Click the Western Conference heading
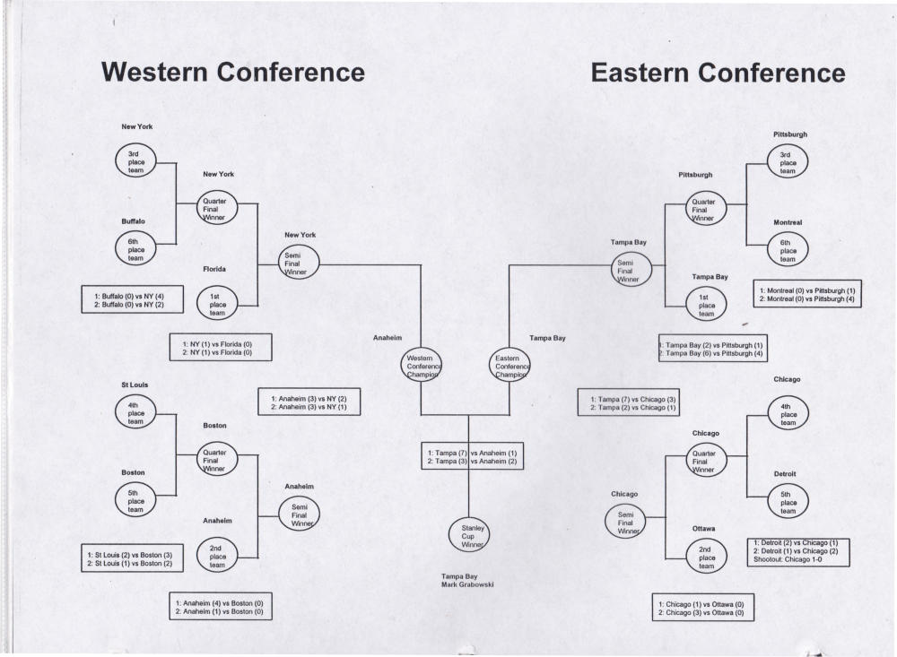point(233,73)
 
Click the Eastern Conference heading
point(718,73)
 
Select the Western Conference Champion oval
point(421,366)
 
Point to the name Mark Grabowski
point(468,584)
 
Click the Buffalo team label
point(134,221)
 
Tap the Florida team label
point(214,269)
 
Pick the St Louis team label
point(135,385)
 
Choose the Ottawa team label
point(704,528)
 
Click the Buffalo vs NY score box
point(132,299)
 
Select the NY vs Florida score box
point(221,347)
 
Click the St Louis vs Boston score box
point(131,559)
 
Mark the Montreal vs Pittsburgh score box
point(807,294)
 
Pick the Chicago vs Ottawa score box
point(703,607)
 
